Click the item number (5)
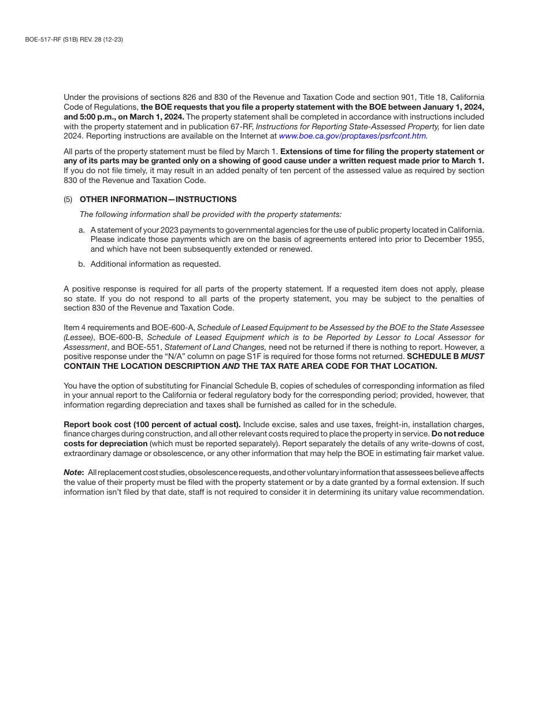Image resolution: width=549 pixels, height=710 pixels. [68, 200]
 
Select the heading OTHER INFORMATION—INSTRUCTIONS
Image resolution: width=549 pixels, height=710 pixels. [158, 200]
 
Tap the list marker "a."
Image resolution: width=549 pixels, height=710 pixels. [82, 230]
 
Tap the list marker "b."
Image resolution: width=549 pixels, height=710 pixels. [82, 264]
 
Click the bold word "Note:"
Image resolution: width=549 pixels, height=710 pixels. [74, 473]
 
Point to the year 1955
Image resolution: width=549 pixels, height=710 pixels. [474, 240]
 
